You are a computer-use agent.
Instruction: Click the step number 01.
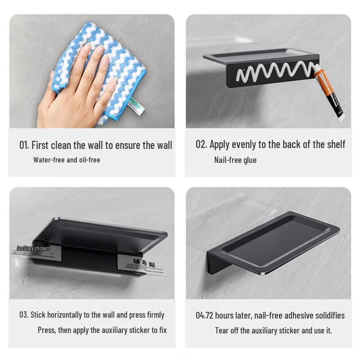24,145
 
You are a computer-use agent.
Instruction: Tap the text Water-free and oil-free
67,160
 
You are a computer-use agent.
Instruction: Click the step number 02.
201,144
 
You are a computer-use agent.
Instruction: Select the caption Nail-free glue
235,160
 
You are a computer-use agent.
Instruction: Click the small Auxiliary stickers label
33,248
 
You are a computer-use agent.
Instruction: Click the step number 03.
23,315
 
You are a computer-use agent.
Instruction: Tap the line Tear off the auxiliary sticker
273,331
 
